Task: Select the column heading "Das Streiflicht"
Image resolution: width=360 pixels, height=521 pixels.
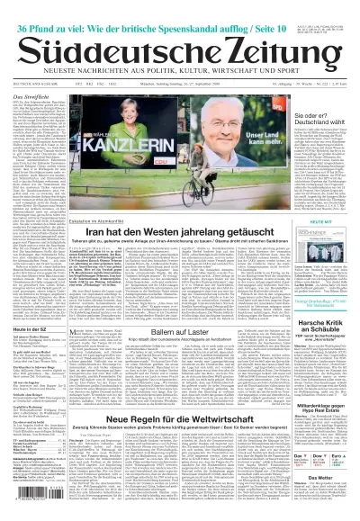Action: (25, 94)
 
